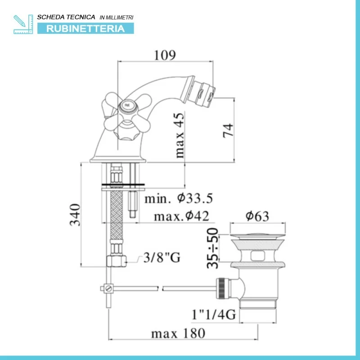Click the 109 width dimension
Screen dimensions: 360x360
tap(165, 55)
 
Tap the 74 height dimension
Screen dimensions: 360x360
tap(228, 130)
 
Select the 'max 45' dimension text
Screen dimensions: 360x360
tap(180, 135)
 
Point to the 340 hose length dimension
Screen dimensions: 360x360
tap(75, 215)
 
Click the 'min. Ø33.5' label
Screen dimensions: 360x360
tap(179, 198)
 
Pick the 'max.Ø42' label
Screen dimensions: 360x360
tap(181, 216)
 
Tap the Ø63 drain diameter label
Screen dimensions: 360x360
tap(257, 216)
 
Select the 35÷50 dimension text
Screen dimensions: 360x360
tap(212, 248)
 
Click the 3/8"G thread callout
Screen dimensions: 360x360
tap(162, 257)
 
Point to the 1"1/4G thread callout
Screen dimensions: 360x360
tap(214, 314)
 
